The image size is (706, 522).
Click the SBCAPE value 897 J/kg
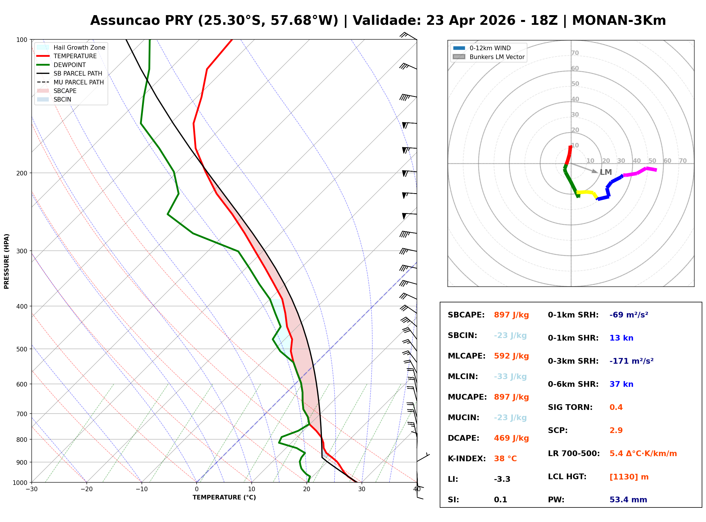tap(511, 315)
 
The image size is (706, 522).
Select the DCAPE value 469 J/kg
tap(511, 438)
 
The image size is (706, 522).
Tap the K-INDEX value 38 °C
tap(505, 459)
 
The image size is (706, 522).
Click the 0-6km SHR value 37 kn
tap(621, 384)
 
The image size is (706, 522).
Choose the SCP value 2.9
tap(616, 430)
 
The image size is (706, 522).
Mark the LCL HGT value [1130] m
tap(629, 477)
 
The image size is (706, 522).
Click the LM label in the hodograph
tap(606, 173)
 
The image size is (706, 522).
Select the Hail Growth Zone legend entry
tap(79, 47)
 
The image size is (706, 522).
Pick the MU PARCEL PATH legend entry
tap(78, 82)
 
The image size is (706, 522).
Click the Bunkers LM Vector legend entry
tap(497, 57)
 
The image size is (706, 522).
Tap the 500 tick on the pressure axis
tap(22, 349)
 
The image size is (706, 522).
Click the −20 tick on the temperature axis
tap(86, 489)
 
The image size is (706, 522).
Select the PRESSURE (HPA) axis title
tap(7, 261)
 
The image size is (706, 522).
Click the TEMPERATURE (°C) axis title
tap(224, 497)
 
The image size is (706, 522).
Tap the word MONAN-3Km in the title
tap(618, 21)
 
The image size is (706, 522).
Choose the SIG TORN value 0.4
tap(616, 407)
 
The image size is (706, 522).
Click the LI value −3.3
tap(502, 479)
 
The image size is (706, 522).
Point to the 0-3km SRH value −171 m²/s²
tap(631, 361)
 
